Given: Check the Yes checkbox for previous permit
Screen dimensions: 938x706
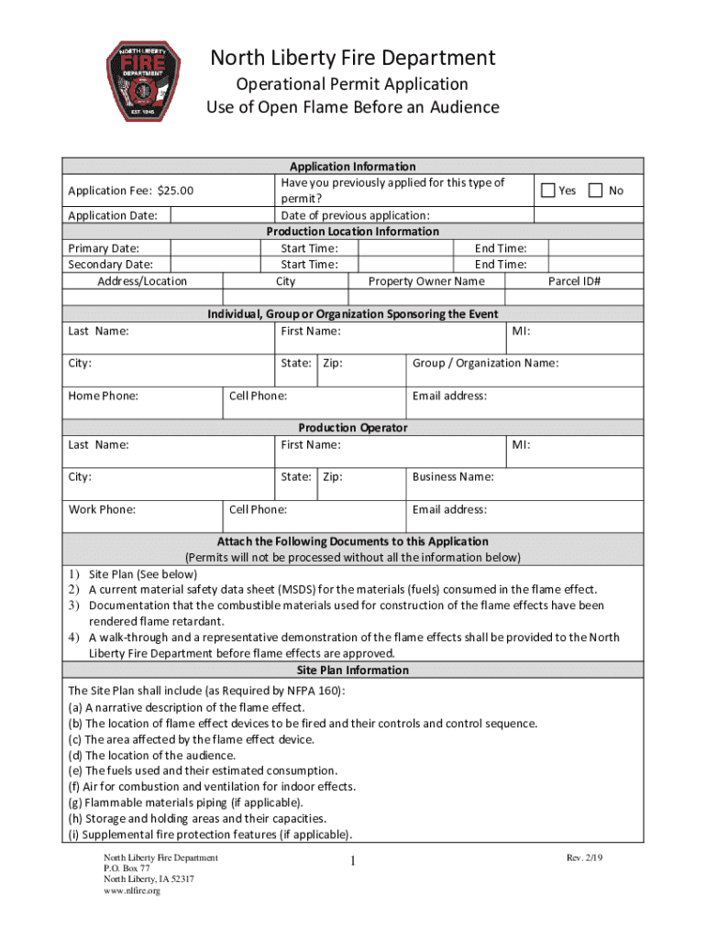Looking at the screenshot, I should pyautogui.click(x=548, y=191).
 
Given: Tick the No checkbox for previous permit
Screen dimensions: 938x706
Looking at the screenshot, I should pyautogui.click(x=595, y=191).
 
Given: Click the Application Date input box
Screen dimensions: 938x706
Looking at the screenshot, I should pyautogui.click(x=224, y=215).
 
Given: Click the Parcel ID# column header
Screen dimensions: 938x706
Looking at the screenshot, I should pyautogui.click(x=574, y=281).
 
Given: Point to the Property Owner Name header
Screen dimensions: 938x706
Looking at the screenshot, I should pyautogui.click(x=426, y=281).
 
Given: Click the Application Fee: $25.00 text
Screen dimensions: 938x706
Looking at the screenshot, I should pyautogui.click(x=131, y=191).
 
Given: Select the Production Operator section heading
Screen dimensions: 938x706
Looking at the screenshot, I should pyautogui.click(x=353, y=428).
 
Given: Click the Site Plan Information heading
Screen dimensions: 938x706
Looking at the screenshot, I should pyautogui.click(x=353, y=671).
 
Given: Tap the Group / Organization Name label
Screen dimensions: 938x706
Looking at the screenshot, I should pyautogui.click(x=485, y=363).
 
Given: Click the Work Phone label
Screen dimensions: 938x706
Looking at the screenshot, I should pyautogui.click(x=102, y=509).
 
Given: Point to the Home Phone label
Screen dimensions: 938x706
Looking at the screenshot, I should pyautogui.click(x=104, y=396).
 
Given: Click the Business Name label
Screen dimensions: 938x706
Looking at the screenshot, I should pyautogui.click(x=453, y=476).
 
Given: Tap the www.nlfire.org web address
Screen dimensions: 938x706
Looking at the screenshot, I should pyautogui.click(x=132, y=890).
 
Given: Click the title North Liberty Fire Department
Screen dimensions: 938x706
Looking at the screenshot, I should pyautogui.click(x=353, y=59).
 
